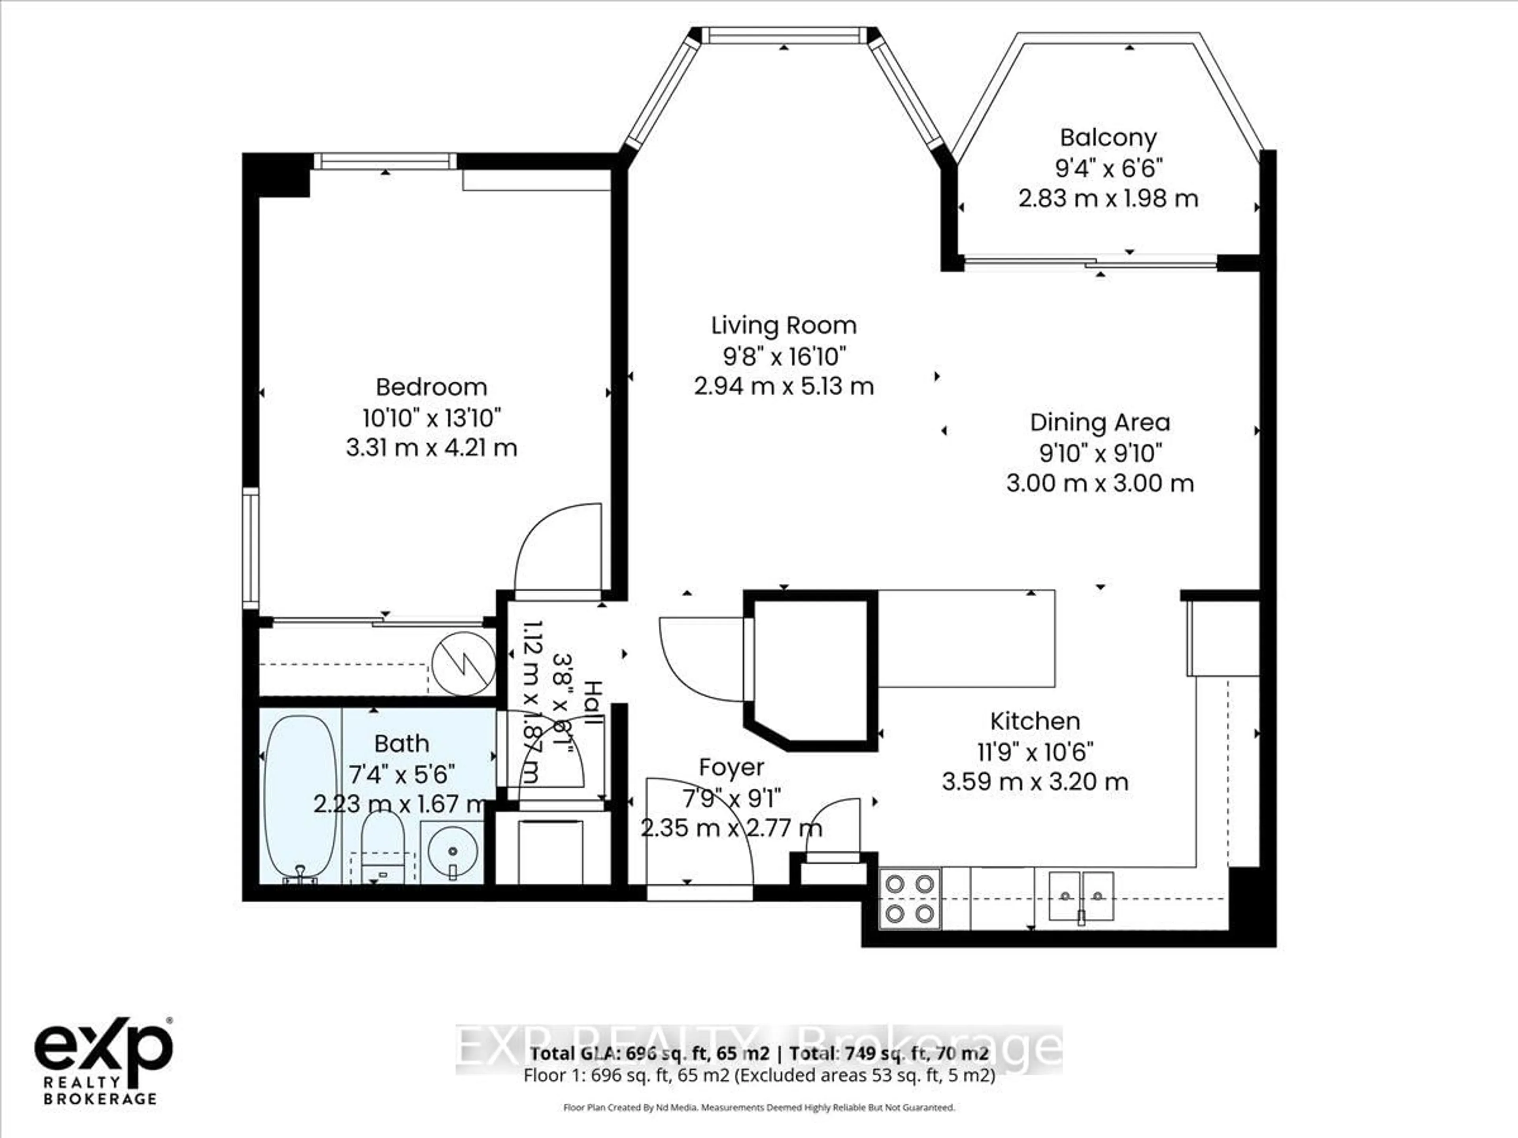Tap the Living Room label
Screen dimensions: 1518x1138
tap(784, 325)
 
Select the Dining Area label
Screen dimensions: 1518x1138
tap(1100, 422)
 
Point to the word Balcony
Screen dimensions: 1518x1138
tap(1108, 138)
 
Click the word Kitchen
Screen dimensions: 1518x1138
tap(1035, 721)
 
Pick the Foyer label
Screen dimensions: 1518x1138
tap(732, 767)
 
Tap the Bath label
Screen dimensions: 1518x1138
tap(402, 744)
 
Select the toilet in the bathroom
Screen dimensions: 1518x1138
tap(382, 847)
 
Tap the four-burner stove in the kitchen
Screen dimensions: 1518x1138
tap(910, 899)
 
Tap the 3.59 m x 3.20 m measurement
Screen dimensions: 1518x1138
tap(1035, 782)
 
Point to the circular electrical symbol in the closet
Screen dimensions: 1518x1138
tap(464, 663)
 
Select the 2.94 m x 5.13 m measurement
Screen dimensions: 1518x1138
tap(784, 386)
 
